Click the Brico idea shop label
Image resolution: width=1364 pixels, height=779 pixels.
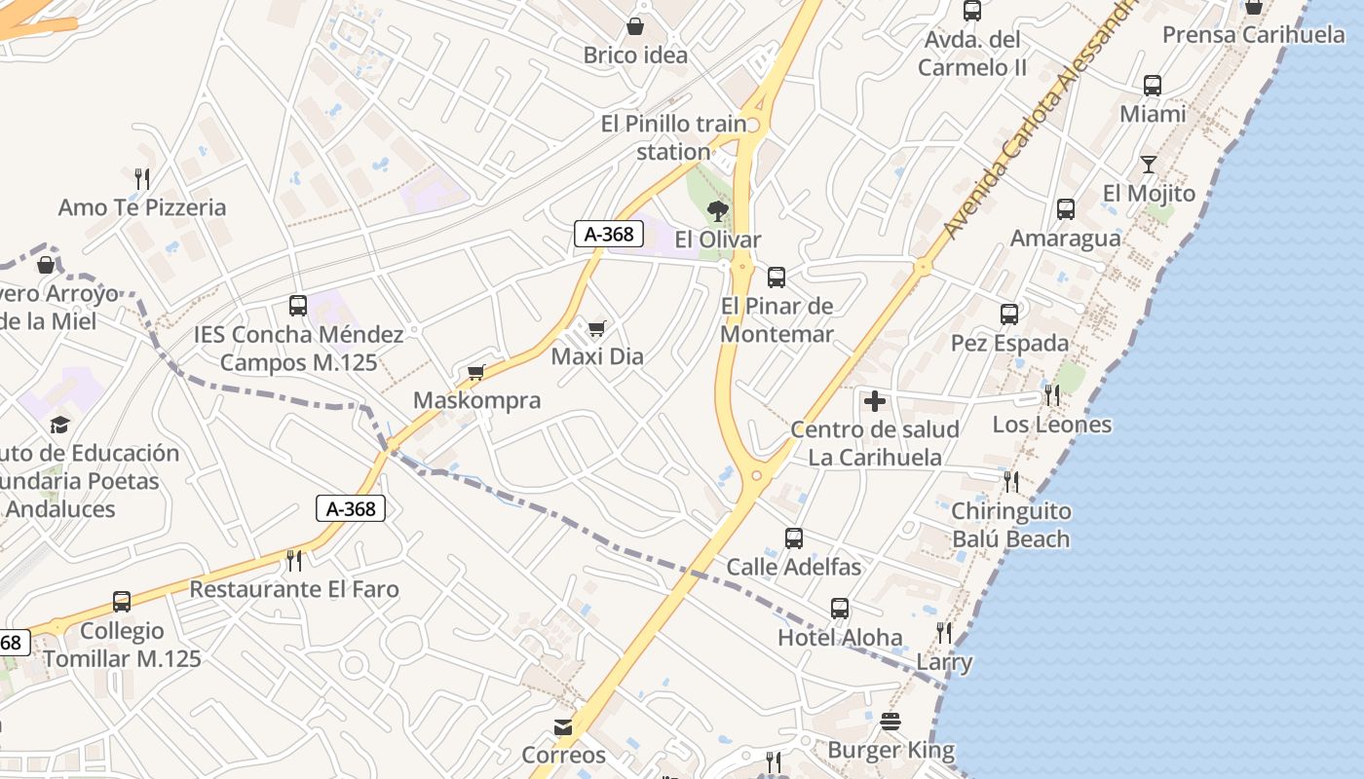click(635, 56)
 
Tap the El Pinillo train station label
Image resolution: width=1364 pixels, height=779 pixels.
click(673, 137)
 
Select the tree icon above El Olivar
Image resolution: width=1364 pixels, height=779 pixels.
click(718, 210)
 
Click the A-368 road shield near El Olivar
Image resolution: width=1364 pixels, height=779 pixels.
click(608, 234)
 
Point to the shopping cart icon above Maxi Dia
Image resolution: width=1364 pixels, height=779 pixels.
click(596, 328)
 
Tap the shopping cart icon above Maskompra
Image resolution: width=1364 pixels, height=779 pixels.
click(476, 372)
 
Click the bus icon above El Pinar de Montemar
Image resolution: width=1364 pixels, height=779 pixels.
click(777, 278)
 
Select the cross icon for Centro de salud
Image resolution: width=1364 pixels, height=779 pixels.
click(875, 400)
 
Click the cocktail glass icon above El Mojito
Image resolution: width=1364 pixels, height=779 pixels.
click(1149, 165)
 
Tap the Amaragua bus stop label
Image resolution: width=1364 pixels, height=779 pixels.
click(1065, 239)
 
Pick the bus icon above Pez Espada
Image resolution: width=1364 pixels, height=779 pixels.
click(1009, 315)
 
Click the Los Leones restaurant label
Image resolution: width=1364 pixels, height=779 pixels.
click(1051, 425)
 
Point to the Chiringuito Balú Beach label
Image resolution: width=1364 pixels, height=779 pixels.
click(1010, 525)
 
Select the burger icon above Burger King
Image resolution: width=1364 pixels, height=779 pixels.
click(890, 722)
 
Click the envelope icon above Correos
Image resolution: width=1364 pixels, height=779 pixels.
click(563, 726)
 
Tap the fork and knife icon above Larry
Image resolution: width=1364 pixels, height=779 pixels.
click(943, 633)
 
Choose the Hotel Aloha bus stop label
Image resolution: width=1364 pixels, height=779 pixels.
click(840, 638)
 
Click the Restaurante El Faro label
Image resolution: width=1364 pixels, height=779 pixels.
click(294, 589)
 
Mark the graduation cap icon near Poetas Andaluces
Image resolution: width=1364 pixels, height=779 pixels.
click(59, 425)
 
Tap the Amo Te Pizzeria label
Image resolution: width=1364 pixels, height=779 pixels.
click(142, 207)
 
